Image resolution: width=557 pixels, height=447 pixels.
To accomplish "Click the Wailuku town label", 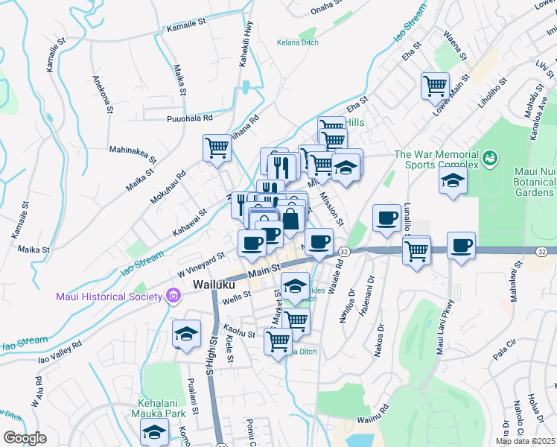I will (x=215, y=285).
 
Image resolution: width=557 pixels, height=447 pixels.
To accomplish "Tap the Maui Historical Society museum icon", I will (x=174, y=297).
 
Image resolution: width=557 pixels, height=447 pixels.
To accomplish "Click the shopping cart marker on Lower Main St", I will (x=435, y=85).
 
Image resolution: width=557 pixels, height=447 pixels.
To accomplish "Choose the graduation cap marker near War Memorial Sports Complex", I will (x=453, y=180).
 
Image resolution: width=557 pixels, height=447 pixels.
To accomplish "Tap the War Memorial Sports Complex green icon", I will (x=490, y=158).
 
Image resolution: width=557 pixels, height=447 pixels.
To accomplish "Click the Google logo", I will (x=25, y=438).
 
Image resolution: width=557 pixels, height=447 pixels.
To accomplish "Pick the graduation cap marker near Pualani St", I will (x=186, y=333).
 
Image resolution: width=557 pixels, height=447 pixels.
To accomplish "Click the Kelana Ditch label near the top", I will (x=298, y=42).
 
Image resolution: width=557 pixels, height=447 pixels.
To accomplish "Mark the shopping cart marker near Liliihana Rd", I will (x=217, y=147).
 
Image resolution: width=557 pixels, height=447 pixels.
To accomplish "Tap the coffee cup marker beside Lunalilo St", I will (x=386, y=218).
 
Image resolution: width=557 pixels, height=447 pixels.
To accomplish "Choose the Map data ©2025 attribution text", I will (x=525, y=441).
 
